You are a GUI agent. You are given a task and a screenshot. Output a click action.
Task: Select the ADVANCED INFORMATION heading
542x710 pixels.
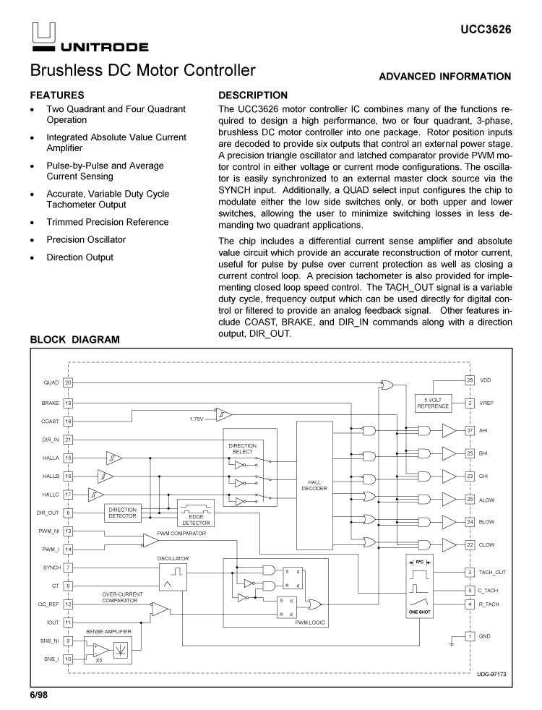(x=444, y=76)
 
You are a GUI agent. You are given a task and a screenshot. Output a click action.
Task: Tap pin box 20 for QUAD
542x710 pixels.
(x=68, y=382)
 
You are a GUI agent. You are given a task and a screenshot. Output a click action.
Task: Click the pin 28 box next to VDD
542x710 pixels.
(x=469, y=380)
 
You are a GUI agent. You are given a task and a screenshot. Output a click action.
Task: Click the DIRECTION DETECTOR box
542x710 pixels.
(x=121, y=513)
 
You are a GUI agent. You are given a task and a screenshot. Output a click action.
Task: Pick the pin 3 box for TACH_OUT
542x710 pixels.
(x=469, y=572)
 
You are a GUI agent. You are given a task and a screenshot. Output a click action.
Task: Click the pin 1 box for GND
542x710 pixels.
(x=469, y=636)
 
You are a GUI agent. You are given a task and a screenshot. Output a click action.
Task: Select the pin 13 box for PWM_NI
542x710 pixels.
(x=68, y=531)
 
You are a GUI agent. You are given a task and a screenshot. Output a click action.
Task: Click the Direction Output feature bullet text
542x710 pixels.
(x=79, y=257)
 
